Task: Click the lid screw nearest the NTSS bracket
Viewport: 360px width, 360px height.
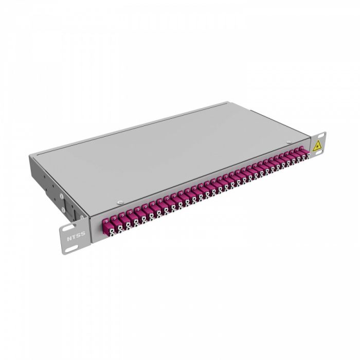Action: click(x=120, y=202)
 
